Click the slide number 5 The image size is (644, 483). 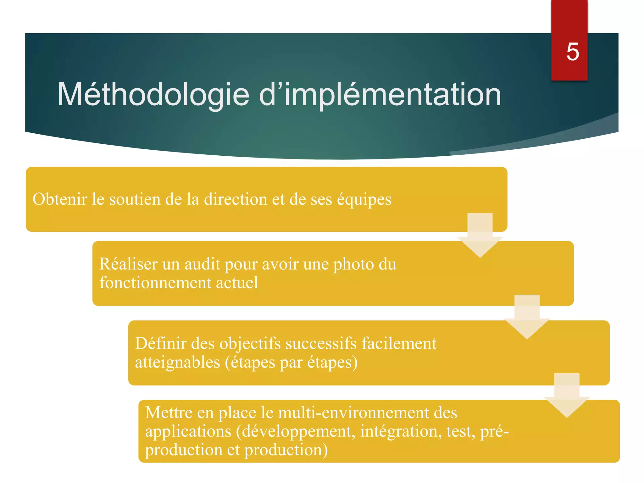[x=573, y=52]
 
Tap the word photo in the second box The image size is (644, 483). [x=353, y=264]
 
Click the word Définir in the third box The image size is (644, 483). [x=161, y=343]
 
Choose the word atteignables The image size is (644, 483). [x=177, y=362]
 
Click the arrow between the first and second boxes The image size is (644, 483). [x=480, y=236]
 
